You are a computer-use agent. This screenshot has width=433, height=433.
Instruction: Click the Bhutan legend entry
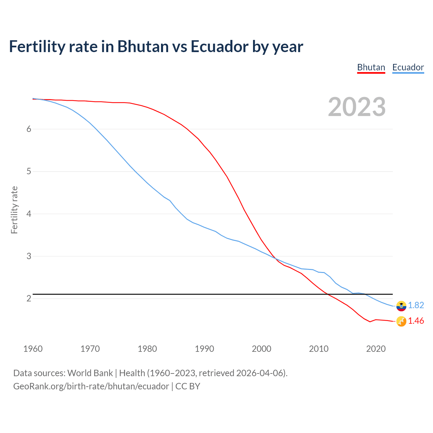pos(371,67)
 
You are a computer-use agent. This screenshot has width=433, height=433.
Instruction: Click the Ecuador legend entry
pos(408,67)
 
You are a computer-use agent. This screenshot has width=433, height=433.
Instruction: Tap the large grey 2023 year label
pos(357,107)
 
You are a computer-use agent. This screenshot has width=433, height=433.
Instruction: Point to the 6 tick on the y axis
pos(29,129)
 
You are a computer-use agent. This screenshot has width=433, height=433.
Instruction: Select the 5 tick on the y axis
pos(29,172)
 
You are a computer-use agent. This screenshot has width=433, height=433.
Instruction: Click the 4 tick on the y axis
pos(29,214)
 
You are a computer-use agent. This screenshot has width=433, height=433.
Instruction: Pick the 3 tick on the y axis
pos(29,256)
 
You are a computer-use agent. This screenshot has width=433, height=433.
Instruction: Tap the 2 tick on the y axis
pos(29,298)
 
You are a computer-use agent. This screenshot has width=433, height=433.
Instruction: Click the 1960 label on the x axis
pos(33,349)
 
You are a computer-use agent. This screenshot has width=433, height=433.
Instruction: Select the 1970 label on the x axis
pos(90,349)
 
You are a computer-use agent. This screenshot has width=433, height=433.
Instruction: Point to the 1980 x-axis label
pos(147,349)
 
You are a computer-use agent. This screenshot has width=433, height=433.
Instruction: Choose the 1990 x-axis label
pos(204,349)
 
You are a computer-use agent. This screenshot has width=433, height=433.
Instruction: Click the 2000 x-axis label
pos(261,349)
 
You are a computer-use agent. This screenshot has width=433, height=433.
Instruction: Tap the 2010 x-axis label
pos(319,349)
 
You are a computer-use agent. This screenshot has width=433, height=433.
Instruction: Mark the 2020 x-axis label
pos(376,349)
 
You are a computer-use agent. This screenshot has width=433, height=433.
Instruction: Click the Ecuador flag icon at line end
pos(401,306)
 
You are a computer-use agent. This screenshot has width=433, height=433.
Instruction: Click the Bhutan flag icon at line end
pos(401,321)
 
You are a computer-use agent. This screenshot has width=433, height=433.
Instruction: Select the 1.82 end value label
pos(416,305)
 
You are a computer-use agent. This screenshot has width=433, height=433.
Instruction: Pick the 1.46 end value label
pos(416,321)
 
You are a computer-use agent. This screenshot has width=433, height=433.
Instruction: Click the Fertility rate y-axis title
pos(14,210)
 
